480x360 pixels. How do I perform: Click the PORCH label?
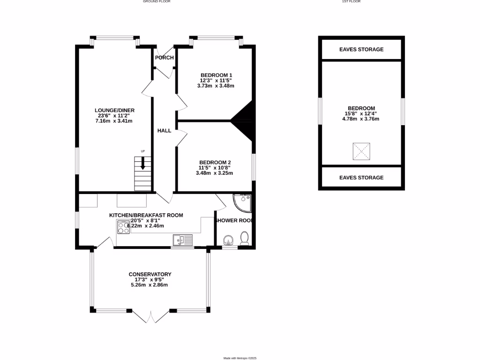click(165, 58)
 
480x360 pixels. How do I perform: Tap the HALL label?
click(164, 131)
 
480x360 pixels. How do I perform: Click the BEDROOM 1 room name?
click(216, 75)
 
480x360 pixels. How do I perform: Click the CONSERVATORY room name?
click(150, 274)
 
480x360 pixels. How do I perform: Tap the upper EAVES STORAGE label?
click(361, 49)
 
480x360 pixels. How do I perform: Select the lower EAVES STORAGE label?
click(361, 178)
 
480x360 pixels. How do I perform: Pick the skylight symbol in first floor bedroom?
click(361, 151)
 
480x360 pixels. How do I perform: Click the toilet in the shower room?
click(244, 239)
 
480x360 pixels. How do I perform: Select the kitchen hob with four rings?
click(123, 227)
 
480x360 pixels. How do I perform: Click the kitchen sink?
click(182, 240)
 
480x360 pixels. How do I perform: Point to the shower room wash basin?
click(228, 241)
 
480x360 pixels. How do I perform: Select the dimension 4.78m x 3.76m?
click(361, 119)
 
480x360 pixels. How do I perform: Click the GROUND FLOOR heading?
click(157, 1)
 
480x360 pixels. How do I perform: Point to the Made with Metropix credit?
click(240, 358)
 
